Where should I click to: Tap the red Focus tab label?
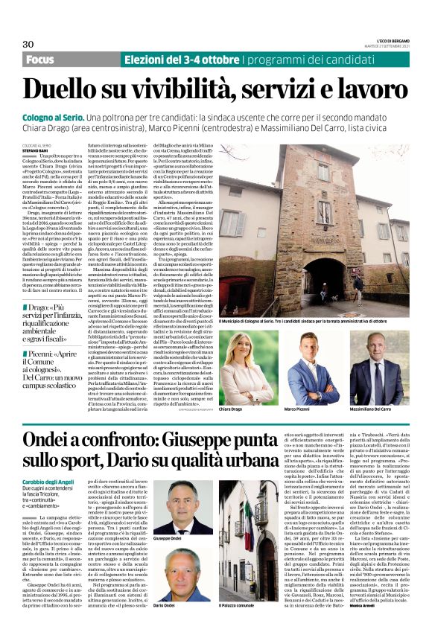(40, 59)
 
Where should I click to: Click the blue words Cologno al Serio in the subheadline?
(60, 118)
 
